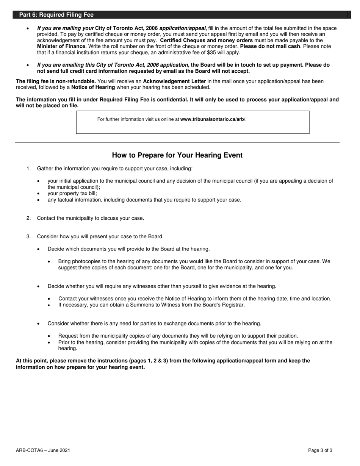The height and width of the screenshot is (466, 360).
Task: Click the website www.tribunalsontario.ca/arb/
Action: (213, 119)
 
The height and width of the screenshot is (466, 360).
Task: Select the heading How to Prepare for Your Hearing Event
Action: (177, 155)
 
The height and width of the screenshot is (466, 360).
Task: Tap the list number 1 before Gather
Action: (28, 169)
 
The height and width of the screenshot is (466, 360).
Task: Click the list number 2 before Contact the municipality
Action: (28, 218)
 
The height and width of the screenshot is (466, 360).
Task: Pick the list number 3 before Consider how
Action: (28, 237)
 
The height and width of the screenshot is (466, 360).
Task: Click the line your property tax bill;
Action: (72, 194)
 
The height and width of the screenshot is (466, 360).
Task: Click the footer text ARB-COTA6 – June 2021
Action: (43, 450)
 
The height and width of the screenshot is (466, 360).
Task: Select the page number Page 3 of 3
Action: (320, 450)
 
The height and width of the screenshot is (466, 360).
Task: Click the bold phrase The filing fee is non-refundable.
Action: (56, 81)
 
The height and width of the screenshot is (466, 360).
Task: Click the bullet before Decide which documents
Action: (39, 249)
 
